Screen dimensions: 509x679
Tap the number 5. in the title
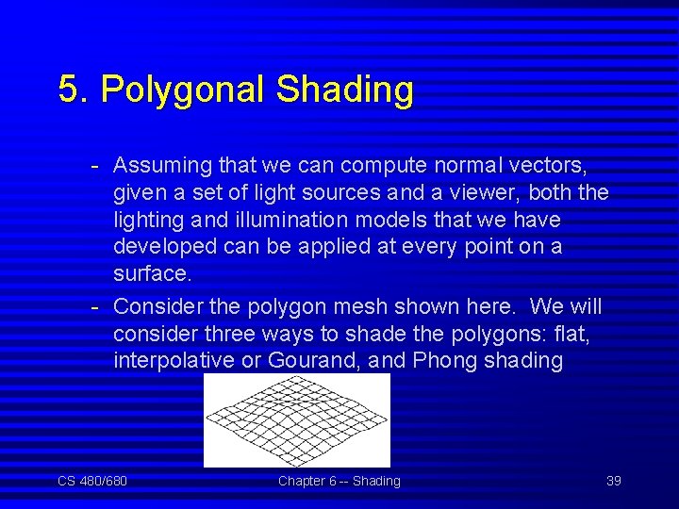click(75, 90)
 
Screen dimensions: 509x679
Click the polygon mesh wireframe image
click(296, 420)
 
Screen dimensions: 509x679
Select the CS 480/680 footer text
click(92, 481)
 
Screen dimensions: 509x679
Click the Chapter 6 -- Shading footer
click(339, 481)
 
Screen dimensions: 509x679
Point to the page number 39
click(613, 481)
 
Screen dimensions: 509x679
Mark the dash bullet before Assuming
click(96, 166)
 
